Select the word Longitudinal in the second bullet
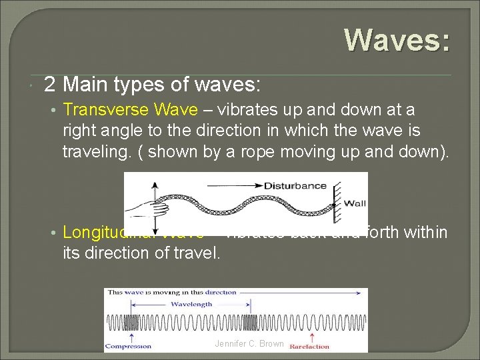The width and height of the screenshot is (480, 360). (100, 232)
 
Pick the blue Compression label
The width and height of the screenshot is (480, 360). (129, 346)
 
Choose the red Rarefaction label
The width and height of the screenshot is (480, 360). (309, 346)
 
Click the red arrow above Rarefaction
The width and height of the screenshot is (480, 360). (311, 336)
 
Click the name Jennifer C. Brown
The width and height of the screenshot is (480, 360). (249, 344)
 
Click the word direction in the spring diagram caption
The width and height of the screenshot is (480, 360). (221, 292)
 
